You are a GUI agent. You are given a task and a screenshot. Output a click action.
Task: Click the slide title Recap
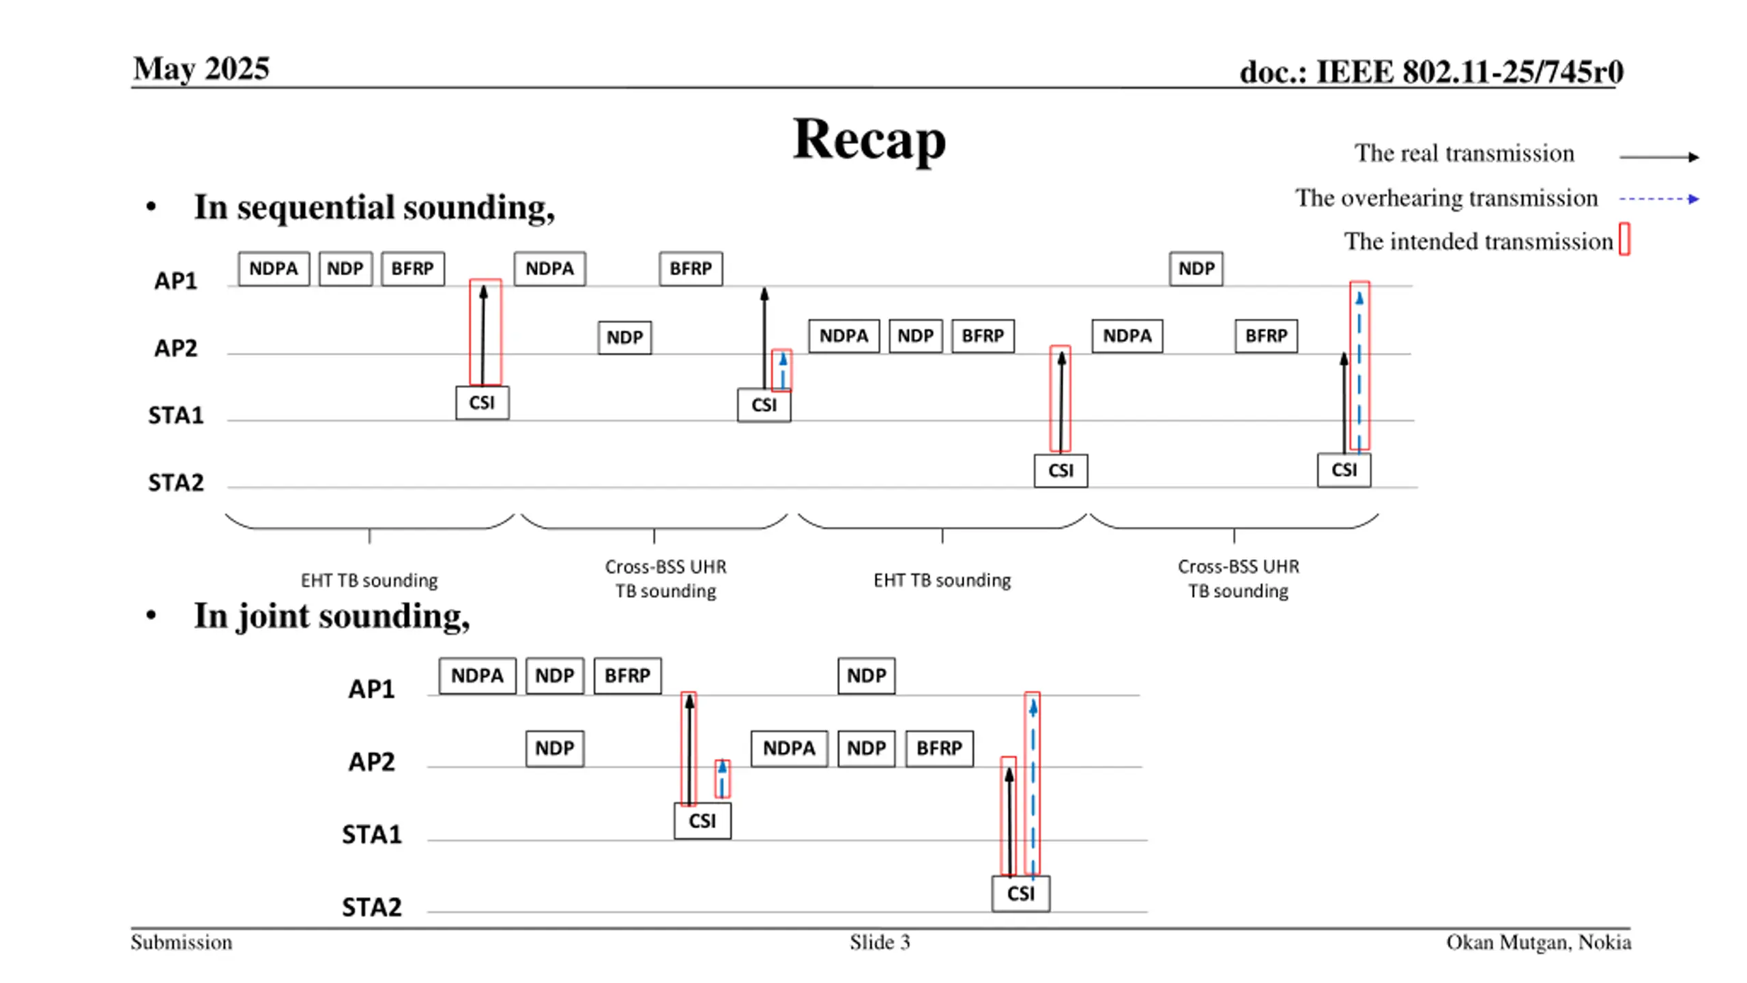click(x=868, y=139)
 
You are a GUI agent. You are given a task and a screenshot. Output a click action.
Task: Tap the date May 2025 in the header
click(x=201, y=69)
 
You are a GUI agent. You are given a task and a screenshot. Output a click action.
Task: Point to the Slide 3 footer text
click(x=879, y=942)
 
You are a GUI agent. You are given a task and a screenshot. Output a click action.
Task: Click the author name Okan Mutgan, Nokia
click(x=1538, y=942)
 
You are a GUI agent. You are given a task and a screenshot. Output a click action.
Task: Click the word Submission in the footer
click(x=182, y=942)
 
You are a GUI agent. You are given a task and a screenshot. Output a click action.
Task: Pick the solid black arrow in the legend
click(x=1658, y=157)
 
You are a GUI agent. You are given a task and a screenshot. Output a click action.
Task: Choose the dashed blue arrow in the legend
click(x=1658, y=199)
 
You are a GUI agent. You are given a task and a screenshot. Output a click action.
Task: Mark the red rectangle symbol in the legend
click(x=1624, y=240)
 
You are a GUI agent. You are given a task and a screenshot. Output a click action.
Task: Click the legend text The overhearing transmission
click(x=1446, y=198)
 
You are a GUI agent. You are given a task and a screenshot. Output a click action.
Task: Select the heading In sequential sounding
click(x=374, y=207)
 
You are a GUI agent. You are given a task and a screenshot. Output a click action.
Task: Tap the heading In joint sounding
click(x=332, y=616)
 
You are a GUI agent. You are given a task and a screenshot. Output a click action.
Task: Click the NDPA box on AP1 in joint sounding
click(x=477, y=676)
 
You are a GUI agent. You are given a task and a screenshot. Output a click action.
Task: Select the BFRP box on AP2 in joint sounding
click(x=939, y=748)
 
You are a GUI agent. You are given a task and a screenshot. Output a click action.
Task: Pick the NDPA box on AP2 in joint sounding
click(x=789, y=748)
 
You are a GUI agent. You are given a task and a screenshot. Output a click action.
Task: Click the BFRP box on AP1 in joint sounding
click(x=627, y=676)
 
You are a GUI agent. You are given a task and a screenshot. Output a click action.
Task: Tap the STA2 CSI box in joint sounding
click(x=1020, y=894)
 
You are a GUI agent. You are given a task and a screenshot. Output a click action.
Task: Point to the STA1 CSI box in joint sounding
click(x=702, y=821)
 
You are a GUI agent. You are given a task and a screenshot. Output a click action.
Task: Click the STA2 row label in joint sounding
click(x=372, y=907)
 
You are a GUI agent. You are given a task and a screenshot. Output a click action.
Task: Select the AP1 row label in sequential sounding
click(x=175, y=281)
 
